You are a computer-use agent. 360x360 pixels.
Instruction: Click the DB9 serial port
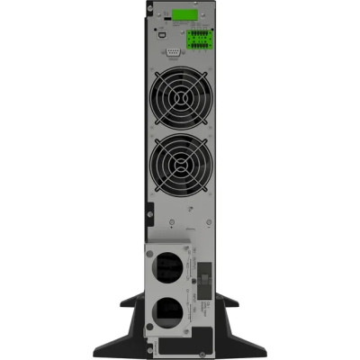coord(174,52)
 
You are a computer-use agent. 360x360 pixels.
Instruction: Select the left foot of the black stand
coord(104,347)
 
